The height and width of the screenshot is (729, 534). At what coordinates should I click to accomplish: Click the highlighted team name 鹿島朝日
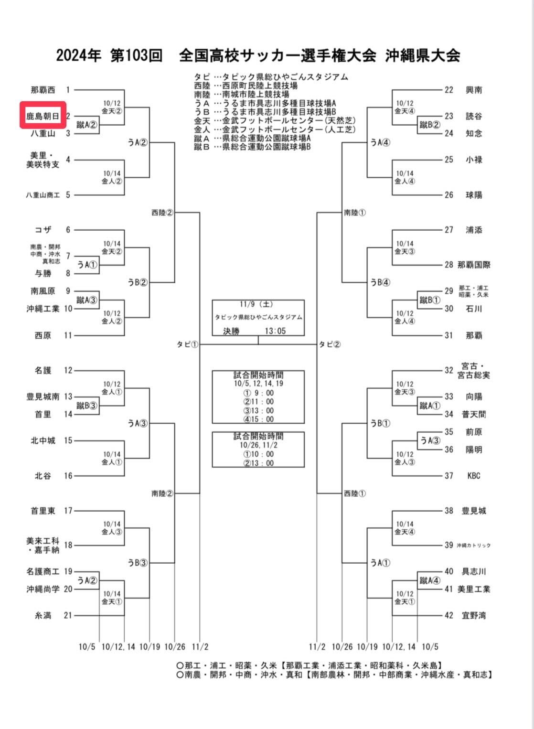43,116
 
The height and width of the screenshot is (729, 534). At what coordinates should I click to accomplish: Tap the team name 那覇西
43,90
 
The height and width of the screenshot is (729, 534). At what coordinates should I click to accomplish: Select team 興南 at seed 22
474,90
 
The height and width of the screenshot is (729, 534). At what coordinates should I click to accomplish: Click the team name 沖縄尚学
43,589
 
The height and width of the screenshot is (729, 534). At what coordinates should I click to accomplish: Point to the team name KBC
474,476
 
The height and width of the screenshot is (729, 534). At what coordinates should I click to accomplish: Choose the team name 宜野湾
474,615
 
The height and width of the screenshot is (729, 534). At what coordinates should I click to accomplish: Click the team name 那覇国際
474,265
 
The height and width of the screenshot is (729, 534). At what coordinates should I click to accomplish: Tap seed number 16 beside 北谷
68,476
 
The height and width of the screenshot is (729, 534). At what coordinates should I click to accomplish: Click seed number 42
449,615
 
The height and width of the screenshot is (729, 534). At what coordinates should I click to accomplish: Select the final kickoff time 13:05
275,331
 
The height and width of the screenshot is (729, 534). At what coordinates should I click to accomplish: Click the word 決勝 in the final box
231,331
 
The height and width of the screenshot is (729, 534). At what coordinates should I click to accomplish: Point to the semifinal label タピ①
187,344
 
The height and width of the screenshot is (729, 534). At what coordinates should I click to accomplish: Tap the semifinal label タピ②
330,344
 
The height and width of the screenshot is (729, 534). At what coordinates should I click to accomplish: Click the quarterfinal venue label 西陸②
162,212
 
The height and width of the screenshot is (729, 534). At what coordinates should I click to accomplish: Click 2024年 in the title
79,55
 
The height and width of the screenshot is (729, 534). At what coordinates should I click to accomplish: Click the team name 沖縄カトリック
473,545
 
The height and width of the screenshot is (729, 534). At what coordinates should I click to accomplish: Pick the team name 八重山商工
43,195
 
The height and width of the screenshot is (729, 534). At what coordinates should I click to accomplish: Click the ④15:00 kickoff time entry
258,419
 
